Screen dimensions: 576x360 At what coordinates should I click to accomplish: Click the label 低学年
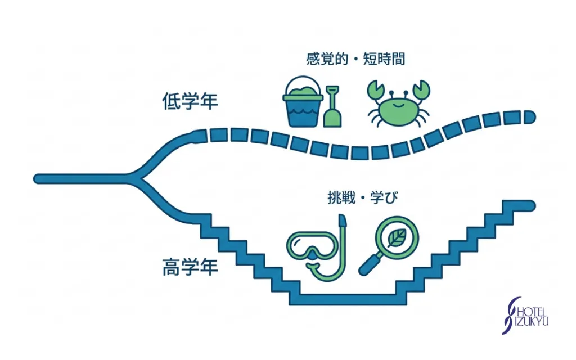(190, 101)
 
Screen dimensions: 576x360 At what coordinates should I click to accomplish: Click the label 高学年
(190, 267)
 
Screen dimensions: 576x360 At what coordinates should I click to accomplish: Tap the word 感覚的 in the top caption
(327, 58)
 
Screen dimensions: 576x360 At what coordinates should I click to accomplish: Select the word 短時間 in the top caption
(384, 58)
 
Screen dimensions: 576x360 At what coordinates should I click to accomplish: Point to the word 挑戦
(341, 198)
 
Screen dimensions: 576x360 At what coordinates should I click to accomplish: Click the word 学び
(384, 198)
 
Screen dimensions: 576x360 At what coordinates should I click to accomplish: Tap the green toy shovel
(332, 107)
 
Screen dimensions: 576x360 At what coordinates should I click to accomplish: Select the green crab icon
(399, 104)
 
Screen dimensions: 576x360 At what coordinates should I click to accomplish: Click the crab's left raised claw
(376, 91)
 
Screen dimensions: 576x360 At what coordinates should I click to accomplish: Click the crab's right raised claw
(422, 89)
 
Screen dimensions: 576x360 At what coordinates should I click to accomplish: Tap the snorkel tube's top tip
(343, 220)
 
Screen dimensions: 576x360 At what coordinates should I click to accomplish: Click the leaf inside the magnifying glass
(397, 238)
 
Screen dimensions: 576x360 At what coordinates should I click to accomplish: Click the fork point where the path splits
(137, 178)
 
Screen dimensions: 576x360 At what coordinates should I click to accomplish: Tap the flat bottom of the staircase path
(348, 299)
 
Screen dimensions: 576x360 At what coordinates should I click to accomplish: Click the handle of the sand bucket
(303, 83)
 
